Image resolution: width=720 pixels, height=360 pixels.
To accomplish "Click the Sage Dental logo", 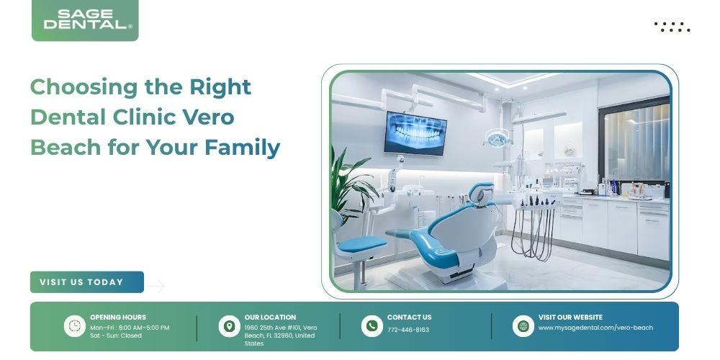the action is point(85,20).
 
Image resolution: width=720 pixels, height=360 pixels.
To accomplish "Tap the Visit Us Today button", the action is point(87,282).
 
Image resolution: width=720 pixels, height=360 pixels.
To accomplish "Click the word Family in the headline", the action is point(242,148).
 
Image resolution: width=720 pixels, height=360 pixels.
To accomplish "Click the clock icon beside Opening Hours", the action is point(74,326).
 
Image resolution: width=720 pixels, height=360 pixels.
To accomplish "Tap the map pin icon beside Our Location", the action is point(229,326).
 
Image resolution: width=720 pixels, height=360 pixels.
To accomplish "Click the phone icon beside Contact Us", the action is point(372,326).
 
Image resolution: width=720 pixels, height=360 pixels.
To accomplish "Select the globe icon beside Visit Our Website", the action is point(523,326).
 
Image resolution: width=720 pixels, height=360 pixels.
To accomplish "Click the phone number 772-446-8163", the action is point(408,330).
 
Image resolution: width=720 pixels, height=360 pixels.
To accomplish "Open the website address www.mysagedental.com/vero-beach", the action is point(595,328).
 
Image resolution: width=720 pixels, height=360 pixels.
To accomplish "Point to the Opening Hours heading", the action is point(118,318).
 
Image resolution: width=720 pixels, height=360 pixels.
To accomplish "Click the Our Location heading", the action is point(270,318).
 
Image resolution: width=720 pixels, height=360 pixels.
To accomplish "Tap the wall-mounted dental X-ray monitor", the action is point(415,133).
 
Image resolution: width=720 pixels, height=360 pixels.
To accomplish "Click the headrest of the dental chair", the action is point(481,193).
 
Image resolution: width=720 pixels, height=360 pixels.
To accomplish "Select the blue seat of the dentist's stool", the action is point(362,244).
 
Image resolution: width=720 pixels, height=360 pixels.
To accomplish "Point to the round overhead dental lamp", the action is point(498,138).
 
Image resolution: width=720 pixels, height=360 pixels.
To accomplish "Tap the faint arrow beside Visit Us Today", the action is point(156,286).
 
